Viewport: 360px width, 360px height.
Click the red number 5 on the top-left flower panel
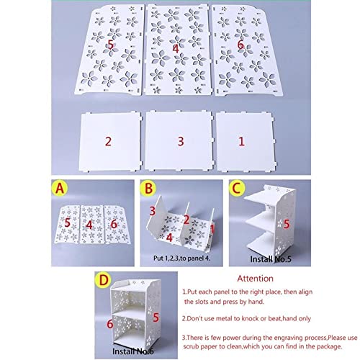[110, 45]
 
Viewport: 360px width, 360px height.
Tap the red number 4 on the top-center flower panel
[176, 49]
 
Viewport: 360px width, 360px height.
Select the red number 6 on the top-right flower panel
[240, 45]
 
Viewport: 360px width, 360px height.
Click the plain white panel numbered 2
[110, 142]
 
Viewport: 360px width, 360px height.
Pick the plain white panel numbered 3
[179, 141]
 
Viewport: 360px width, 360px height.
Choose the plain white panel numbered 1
[245, 142]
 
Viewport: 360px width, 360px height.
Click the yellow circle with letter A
[60, 189]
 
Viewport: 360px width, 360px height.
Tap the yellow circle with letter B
[148, 188]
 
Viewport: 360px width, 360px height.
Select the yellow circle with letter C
[237, 188]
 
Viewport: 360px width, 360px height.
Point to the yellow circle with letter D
[104, 280]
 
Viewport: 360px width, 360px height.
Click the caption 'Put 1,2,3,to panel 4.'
[182, 258]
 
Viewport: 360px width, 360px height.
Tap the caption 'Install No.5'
[271, 259]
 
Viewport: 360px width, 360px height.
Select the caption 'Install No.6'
[133, 351]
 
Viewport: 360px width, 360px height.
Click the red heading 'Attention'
[255, 279]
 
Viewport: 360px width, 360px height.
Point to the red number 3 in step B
[153, 211]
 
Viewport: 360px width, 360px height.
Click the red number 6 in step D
[110, 324]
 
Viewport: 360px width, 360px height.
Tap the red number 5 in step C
[287, 224]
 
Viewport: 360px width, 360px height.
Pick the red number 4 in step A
[89, 225]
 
